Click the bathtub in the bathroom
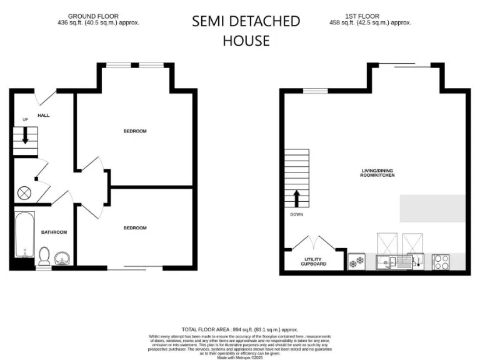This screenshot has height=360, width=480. (23, 234)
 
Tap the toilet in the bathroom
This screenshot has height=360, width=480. (44, 255)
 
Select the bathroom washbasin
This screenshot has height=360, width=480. (62, 257)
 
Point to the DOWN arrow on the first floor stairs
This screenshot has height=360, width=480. (297, 199)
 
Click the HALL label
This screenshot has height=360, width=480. (43, 116)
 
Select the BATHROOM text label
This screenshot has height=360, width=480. (54, 232)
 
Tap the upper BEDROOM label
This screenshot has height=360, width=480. (134, 131)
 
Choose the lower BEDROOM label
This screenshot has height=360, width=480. (134, 228)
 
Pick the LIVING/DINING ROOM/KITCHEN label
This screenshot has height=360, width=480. (377, 172)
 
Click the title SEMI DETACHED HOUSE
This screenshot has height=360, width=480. (246, 31)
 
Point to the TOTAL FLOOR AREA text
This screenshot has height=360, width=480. (240, 329)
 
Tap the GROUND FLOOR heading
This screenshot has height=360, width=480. (93, 16)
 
